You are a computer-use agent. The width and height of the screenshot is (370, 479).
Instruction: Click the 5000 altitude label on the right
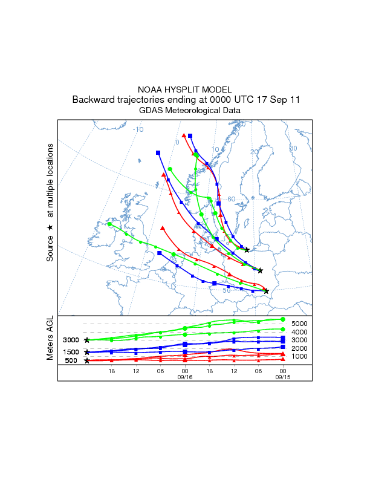300,324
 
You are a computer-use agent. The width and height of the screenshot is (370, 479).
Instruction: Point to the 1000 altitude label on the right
300,356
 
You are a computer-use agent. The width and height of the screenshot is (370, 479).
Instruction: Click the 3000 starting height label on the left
71,341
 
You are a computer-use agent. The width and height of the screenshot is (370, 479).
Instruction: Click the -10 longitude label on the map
138,129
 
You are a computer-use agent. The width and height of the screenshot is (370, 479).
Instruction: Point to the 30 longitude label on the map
293,148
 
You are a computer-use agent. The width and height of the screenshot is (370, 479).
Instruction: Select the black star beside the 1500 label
87,352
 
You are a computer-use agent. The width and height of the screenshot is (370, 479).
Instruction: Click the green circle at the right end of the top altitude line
282,319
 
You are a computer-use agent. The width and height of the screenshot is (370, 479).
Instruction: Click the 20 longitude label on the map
254,152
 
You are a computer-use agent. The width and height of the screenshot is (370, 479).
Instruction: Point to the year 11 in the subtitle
295,100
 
